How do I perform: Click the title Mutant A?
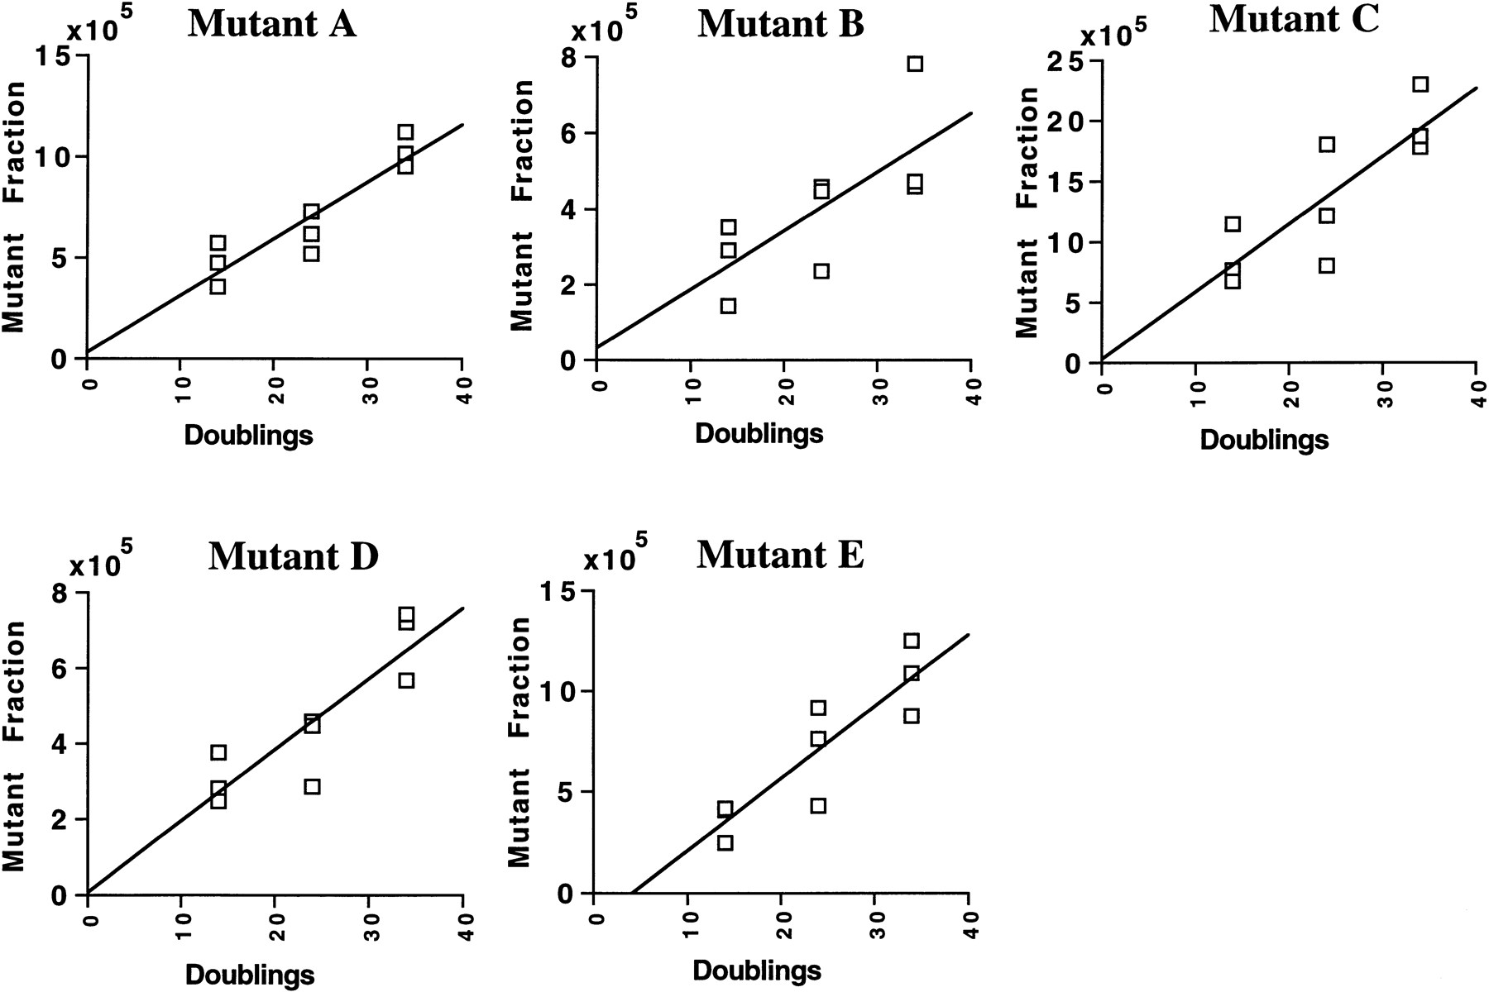point(272,25)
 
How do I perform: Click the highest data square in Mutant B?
point(914,64)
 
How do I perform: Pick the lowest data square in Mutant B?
point(728,306)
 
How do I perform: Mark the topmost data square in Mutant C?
point(1420,84)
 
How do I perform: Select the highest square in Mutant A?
point(405,132)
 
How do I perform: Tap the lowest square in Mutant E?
point(725,842)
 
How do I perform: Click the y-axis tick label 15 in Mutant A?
point(55,57)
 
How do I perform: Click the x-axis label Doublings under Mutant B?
point(759,433)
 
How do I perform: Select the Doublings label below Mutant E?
point(757,970)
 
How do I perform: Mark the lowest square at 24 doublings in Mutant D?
point(311,786)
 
